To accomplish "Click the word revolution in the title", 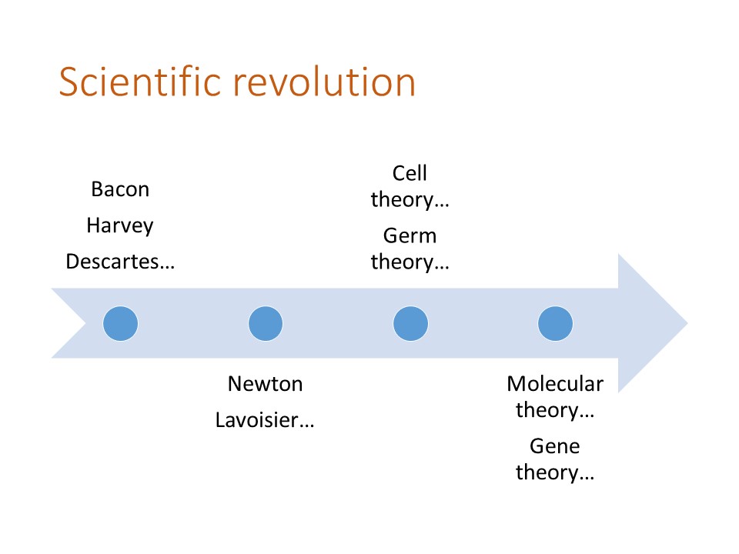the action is (x=325, y=82).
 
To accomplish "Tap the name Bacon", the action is (x=120, y=189).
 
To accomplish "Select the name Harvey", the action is (x=120, y=225).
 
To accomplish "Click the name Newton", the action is (x=266, y=384).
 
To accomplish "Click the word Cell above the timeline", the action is (x=410, y=173).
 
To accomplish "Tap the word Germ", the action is (x=410, y=235).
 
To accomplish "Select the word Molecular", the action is (x=555, y=384).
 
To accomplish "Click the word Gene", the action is (x=555, y=446).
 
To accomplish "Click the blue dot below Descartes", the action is (x=121, y=324).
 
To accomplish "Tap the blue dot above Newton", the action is (x=266, y=324).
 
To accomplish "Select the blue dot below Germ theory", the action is (x=410, y=324).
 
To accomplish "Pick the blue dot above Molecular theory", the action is (x=555, y=324).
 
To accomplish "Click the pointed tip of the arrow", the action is (x=687, y=323).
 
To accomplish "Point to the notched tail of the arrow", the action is (x=85, y=323).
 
